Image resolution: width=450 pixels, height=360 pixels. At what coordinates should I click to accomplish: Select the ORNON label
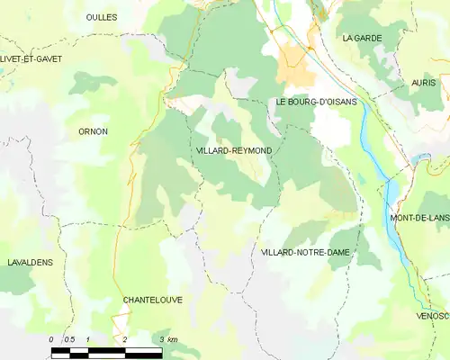point(93,131)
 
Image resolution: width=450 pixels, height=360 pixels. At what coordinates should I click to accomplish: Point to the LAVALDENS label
point(30,262)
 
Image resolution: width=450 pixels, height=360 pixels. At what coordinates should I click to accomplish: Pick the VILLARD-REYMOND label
point(233,150)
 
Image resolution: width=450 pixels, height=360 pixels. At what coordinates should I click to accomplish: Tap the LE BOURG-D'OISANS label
point(316,102)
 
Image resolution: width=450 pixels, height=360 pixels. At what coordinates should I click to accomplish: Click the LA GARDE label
point(362,38)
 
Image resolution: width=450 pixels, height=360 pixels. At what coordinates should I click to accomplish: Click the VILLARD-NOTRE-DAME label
point(305,253)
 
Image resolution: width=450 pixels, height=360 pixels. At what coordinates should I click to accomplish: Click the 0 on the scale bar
point(52,339)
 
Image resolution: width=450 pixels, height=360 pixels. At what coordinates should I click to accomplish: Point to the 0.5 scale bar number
point(69,339)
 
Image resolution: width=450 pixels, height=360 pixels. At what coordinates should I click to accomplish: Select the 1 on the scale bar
point(87,339)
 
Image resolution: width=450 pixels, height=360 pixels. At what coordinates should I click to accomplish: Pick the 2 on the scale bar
point(124,339)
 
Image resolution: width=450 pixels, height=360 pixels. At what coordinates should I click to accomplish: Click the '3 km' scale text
point(168,339)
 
